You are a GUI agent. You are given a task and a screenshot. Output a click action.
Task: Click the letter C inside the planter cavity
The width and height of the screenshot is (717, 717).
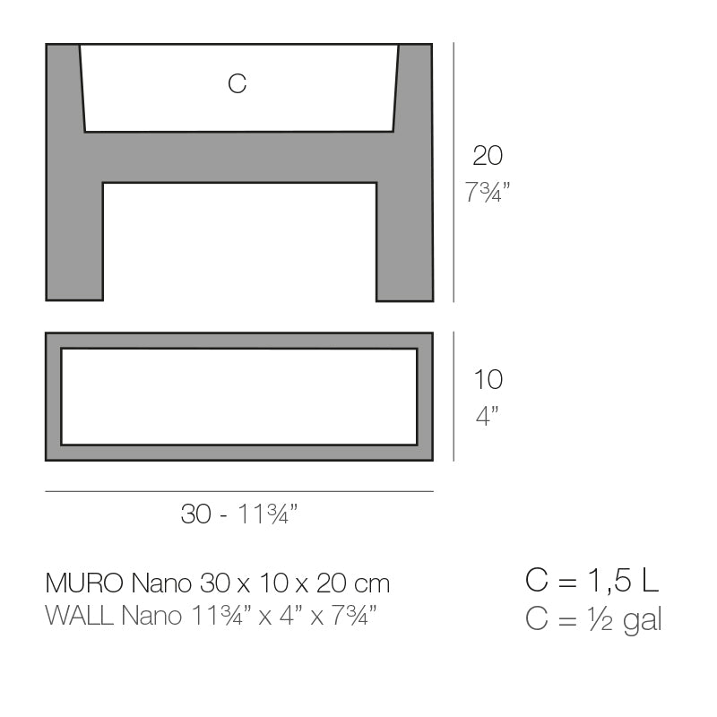pyautogui.click(x=238, y=84)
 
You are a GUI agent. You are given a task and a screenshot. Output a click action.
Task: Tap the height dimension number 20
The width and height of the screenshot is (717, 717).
pyautogui.click(x=488, y=156)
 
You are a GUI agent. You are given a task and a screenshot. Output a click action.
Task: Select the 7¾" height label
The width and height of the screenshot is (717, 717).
pyautogui.click(x=488, y=192)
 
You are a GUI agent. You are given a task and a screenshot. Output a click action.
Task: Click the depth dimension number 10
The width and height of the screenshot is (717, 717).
pyautogui.click(x=488, y=380)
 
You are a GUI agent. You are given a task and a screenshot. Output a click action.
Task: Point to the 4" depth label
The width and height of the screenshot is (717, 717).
pyautogui.click(x=487, y=416)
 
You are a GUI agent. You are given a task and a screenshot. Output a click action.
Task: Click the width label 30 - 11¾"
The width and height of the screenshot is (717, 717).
pyautogui.click(x=238, y=514)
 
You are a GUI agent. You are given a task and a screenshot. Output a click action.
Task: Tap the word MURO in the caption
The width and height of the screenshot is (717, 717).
pyautogui.click(x=85, y=583)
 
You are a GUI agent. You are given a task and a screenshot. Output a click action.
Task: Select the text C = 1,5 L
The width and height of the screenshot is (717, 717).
pyautogui.click(x=592, y=581)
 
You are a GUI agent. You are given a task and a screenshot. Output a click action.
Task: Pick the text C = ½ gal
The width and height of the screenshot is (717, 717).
pyautogui.click(x=593, y=618)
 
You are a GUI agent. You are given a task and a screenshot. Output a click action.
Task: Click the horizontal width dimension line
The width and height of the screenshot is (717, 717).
pyautogui.click(x=238, y=491)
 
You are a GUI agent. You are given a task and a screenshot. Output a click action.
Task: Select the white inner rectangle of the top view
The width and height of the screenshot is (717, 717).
pyautogui.click(x=238, y=396)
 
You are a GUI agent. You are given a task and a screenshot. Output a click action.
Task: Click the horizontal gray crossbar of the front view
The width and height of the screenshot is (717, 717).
pyautogui.click(x=238, y=157)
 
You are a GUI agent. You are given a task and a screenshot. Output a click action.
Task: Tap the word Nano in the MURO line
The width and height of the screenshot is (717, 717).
pyautogui.click(x=160, y=583)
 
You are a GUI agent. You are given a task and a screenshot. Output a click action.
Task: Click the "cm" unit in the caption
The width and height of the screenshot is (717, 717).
pyautogui.click(x=372, y=584)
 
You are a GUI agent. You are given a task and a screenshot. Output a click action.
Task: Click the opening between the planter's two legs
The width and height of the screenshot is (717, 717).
pyautogui.click(x=238, y=242)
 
